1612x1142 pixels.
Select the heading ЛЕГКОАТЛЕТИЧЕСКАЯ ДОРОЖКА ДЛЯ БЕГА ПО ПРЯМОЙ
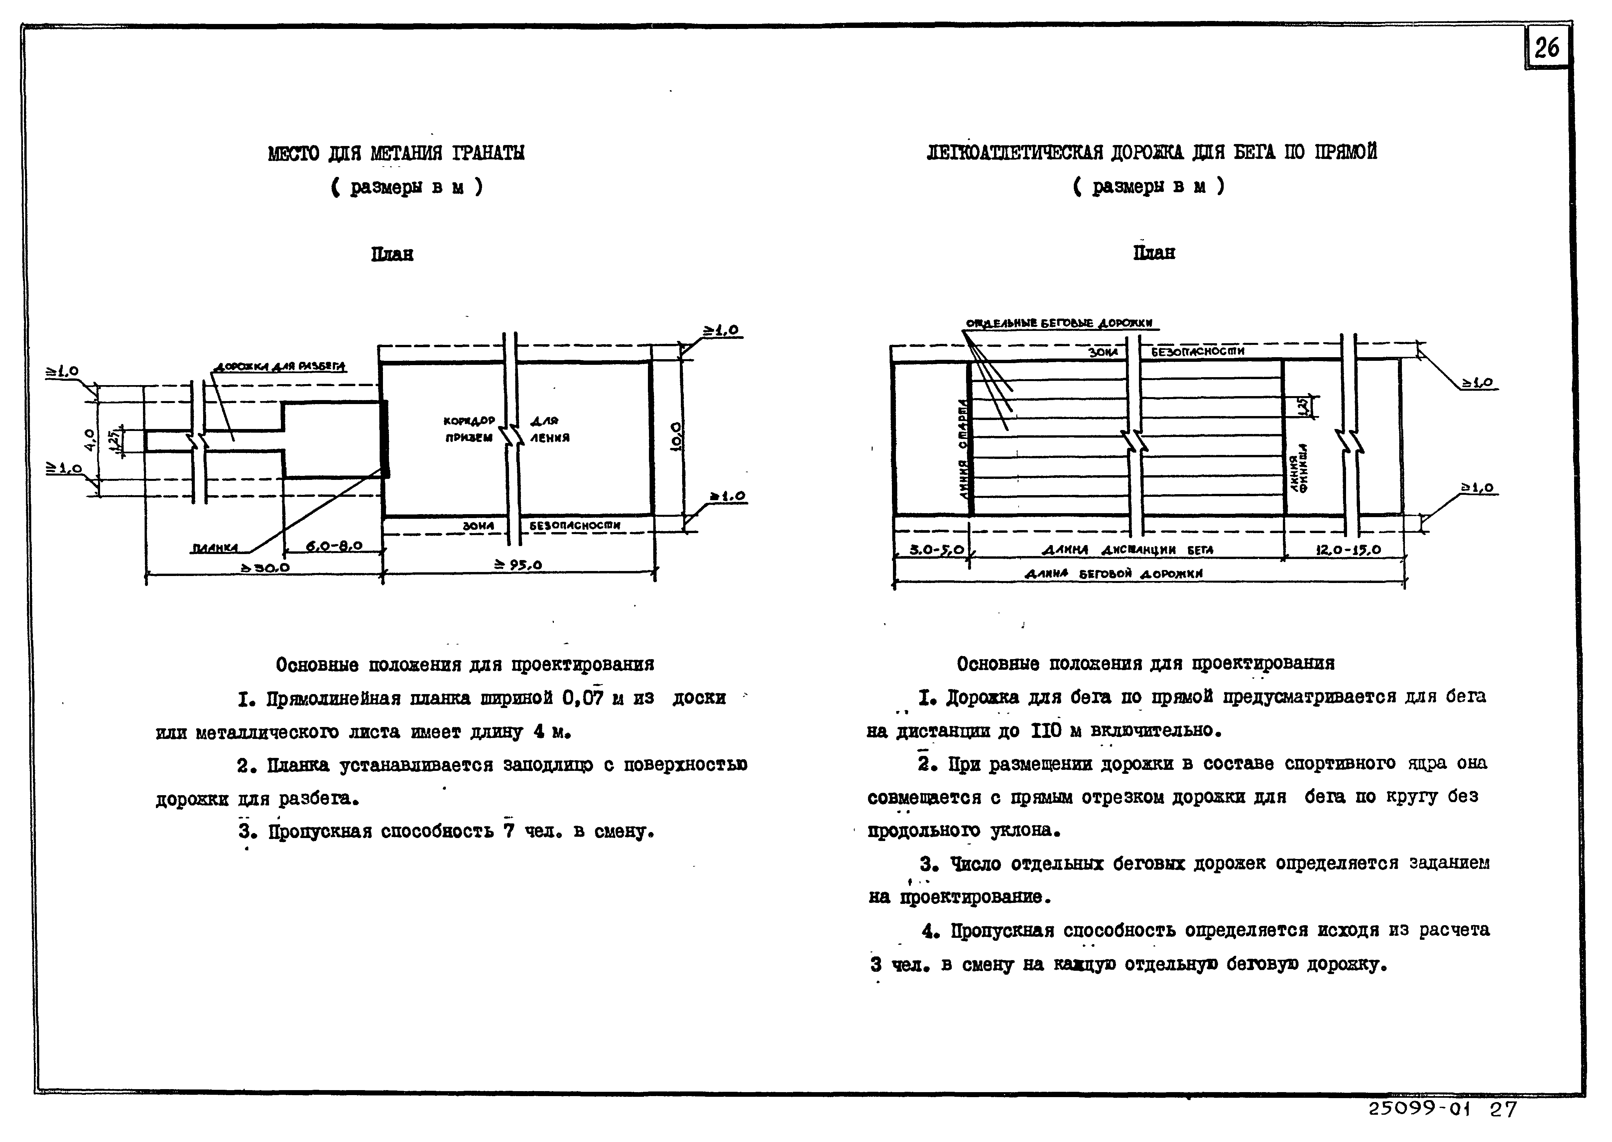click(1152, 152)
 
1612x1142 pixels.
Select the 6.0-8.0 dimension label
click(335, 546)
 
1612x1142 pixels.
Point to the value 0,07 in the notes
click(583, 698)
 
